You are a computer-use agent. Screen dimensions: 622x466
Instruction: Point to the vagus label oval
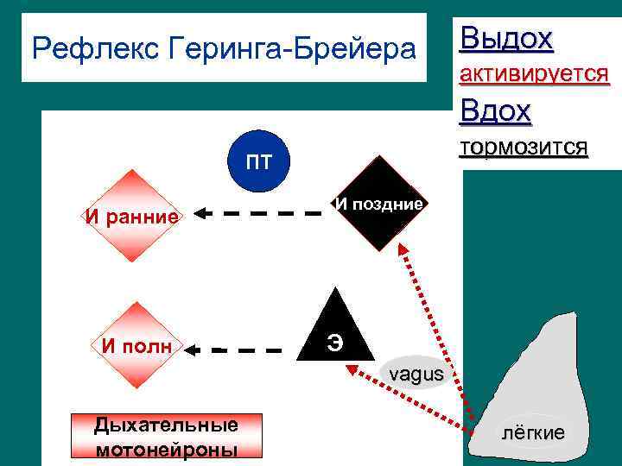415,374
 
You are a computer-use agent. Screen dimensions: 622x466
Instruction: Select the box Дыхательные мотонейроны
166,437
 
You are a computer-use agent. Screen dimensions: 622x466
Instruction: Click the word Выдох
506,39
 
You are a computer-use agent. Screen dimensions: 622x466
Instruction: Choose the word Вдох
496,111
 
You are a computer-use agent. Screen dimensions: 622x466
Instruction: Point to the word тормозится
524,148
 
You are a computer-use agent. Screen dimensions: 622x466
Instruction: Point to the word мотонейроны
167,450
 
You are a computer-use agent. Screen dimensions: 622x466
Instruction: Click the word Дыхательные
166,425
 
